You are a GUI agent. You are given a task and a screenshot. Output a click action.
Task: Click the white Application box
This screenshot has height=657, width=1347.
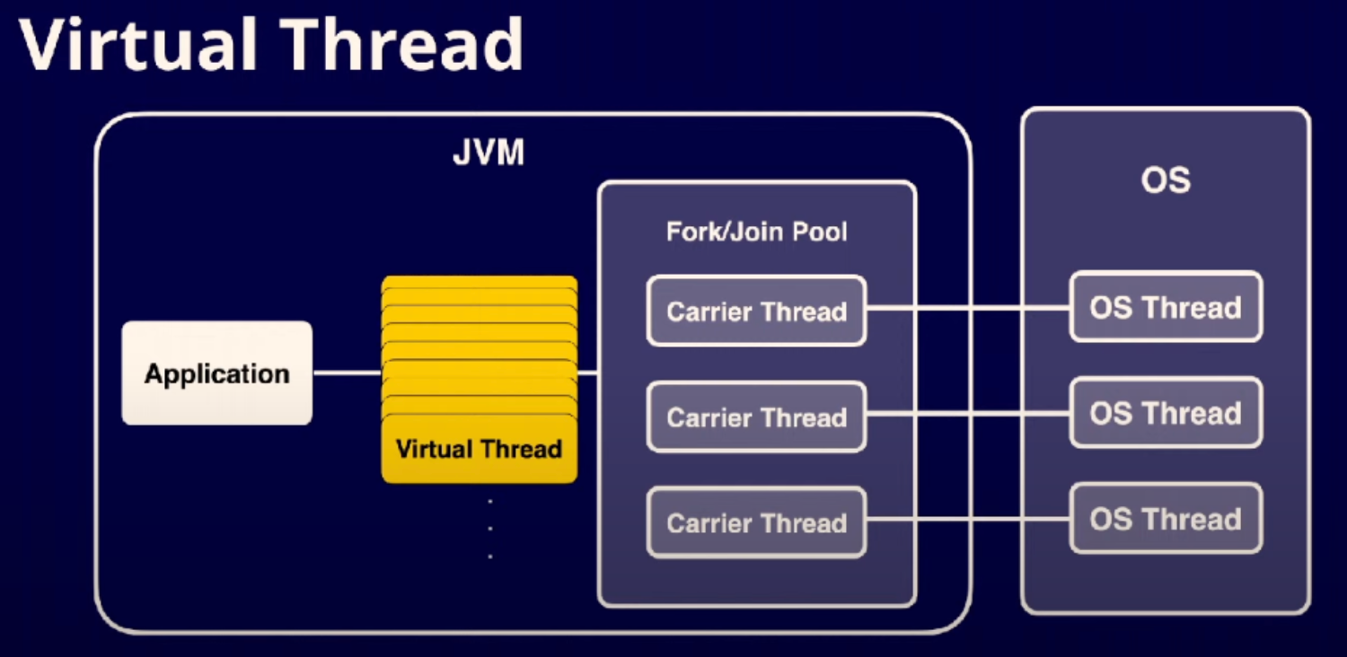coord(216,373)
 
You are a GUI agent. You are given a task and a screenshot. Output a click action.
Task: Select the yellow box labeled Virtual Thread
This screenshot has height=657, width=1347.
coord(479,449)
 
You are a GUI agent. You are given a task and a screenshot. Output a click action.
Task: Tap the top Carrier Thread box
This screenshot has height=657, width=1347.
coord(756,311)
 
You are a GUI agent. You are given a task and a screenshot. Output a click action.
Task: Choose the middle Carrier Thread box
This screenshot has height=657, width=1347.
coord(756,417)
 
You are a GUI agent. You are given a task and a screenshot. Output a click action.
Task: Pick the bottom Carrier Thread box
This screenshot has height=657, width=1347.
coord(756,522)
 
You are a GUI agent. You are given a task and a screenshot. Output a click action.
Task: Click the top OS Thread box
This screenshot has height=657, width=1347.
coord(1166,308)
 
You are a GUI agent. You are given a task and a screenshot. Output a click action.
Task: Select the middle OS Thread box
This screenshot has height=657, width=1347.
coord(1166,414)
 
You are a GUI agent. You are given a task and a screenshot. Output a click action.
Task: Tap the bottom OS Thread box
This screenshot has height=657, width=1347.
coord(1166,519)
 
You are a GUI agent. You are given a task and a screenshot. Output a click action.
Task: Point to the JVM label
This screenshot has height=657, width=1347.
coord(488,153)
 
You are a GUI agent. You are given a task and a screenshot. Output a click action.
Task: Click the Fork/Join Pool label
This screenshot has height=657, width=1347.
coord(756,232)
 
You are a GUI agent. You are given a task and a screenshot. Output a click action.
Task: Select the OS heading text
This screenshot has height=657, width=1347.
coord(1166,180)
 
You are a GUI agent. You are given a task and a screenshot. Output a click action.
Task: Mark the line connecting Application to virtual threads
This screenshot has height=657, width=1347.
coord(347,372)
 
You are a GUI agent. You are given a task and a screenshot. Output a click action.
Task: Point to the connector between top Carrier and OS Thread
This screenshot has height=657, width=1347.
coord(968,309)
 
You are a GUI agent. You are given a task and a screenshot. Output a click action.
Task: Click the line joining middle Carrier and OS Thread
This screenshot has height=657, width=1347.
coord(968,414)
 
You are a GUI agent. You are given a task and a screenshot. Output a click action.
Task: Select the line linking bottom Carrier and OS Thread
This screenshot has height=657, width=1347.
coord(968,519)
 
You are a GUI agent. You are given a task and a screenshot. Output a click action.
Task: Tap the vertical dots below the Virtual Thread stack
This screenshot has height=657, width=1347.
coord(489,529)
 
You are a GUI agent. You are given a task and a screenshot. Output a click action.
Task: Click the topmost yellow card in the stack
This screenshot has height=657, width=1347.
coord(479,283)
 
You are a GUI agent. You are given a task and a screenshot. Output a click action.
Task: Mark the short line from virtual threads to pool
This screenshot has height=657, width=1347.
coord(587,372)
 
